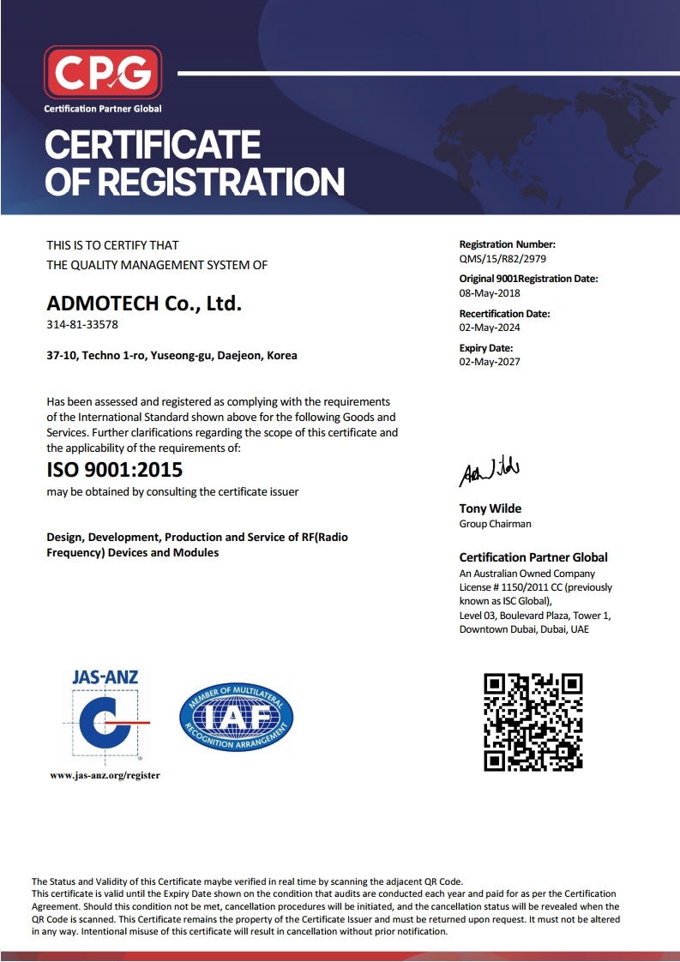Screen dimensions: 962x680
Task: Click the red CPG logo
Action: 103,72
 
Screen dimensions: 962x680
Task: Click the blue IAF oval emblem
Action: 236,717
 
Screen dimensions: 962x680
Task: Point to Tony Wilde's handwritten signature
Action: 489,471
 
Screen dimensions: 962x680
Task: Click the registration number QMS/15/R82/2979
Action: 502,258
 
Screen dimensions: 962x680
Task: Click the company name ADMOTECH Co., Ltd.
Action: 144,303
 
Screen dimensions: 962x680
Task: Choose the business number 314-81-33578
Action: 82,324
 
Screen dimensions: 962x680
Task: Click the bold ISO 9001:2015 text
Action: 114,470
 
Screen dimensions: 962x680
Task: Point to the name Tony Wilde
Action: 490,509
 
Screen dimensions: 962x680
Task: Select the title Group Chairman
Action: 496,524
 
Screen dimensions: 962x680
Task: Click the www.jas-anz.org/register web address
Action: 105,775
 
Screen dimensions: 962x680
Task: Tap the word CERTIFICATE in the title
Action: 153,144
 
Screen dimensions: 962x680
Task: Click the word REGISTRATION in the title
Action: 221,182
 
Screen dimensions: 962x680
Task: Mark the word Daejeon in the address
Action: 242,355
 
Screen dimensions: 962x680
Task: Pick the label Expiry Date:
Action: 486,348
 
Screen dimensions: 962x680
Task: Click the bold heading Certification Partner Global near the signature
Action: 533,557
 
